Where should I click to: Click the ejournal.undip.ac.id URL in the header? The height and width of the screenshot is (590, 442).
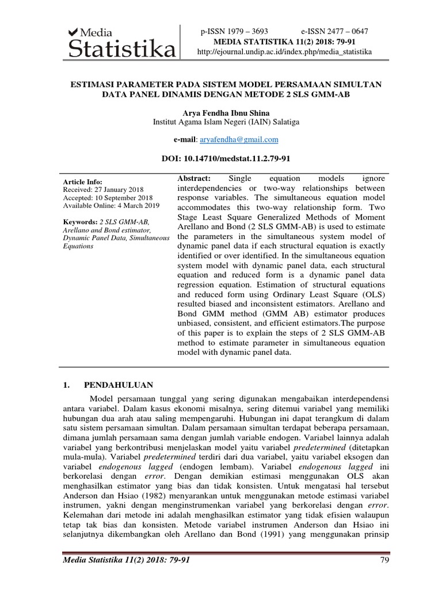(284, 52)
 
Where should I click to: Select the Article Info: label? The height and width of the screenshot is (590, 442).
(82, 181)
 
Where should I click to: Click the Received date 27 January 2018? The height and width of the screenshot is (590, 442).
(104, 189)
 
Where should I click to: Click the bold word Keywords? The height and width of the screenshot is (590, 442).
(79, 222)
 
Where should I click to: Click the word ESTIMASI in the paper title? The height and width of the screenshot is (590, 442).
(94, 84)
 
